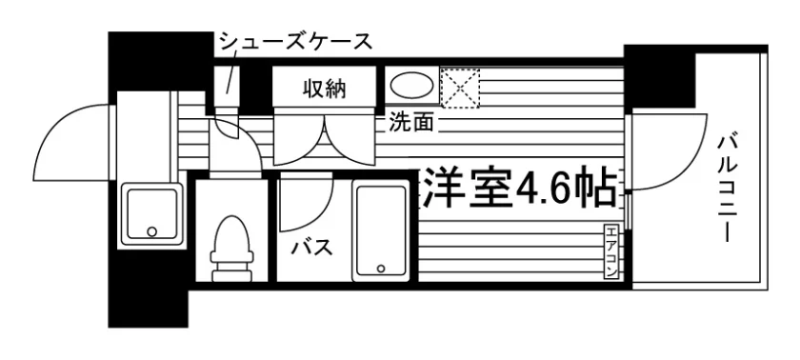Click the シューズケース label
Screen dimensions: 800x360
click(x=295, y=43)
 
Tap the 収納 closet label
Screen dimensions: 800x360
click(x=325, y=90)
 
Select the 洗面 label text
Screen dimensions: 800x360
click(x=411, y=122)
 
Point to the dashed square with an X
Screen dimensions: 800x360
click(x=461, y=88)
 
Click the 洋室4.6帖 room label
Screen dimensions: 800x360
click(x=518, y=189)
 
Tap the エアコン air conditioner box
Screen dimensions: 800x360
click(x=611, y=251)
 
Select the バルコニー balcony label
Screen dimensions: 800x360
click(x=727, y=188)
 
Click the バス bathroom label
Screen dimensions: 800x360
click(x=312, y=249)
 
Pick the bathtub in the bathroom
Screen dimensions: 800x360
click(x=382, y=232)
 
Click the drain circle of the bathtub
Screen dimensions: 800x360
click(x=380, y=269)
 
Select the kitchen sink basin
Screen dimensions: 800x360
click(x=151, y=213)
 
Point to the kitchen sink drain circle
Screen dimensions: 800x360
click(x=151, y=231)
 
